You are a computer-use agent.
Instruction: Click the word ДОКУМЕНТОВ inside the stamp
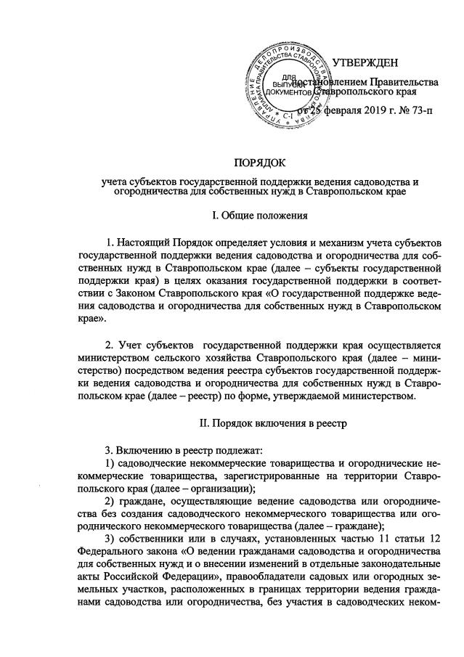288,92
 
